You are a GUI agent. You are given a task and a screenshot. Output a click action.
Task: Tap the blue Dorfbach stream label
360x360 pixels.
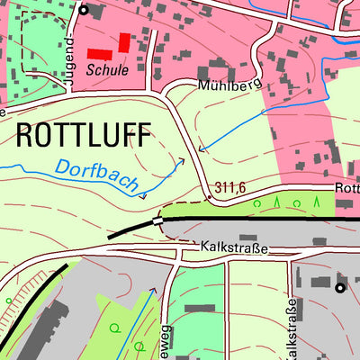[x=97, y=176]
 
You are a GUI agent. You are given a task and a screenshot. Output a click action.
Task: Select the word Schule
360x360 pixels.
[x=107, y=68]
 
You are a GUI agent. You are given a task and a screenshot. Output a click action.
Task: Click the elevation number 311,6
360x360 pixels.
[x=231, y=188]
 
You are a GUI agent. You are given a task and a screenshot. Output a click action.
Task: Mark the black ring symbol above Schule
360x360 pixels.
[x=84, y=11]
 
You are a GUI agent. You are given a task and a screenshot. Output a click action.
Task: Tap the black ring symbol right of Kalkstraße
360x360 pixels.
[x=340, y=288]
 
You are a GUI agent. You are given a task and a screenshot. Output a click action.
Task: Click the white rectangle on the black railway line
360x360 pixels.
[x=160, y=219]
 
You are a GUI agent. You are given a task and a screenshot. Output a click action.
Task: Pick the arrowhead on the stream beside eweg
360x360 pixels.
[x=151, y=290]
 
